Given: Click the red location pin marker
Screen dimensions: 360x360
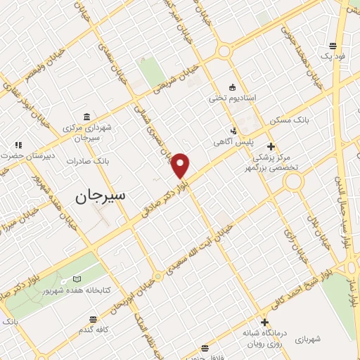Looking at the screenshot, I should click(181, 165).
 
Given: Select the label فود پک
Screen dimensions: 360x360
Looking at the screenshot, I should click(330, 55).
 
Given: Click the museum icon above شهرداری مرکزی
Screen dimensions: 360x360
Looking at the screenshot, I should click(86, 117).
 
